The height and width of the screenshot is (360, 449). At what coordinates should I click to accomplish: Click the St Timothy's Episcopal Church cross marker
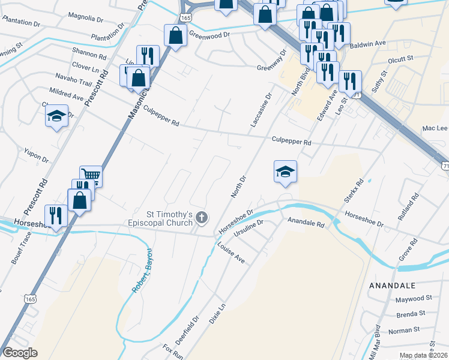tap(202, 218)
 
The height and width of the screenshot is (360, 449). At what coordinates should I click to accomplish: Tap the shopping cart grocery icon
tap(91, 175)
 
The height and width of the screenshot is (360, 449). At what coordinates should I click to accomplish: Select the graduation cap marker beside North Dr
tap(286, 171)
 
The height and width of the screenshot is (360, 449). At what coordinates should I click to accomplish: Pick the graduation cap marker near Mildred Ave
tap(57, 116)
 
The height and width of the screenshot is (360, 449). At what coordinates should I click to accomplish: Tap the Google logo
tap(20, 353)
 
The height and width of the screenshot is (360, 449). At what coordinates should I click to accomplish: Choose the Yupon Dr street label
tap(36, 157)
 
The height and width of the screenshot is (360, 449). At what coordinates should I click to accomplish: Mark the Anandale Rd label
tap(306, 223)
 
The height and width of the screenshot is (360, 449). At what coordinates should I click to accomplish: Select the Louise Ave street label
tap(231, 253)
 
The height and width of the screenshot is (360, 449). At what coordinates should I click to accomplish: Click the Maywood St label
tap(414, 298)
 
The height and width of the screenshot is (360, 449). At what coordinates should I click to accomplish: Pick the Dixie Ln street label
tap(216, 315)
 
